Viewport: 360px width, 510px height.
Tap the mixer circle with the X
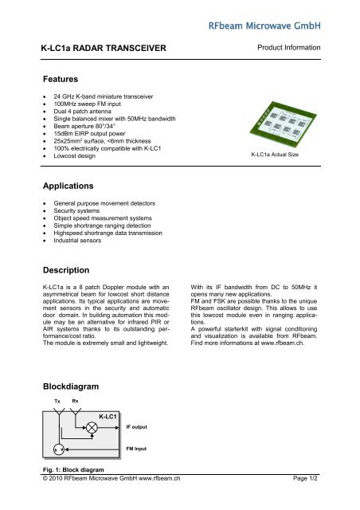pyautogui.click(x=92, y=428)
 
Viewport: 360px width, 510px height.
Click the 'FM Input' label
pyautogui.click(x=139, y=449)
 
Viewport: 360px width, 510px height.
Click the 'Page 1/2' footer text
pyautogui.click(x=303, y=500)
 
